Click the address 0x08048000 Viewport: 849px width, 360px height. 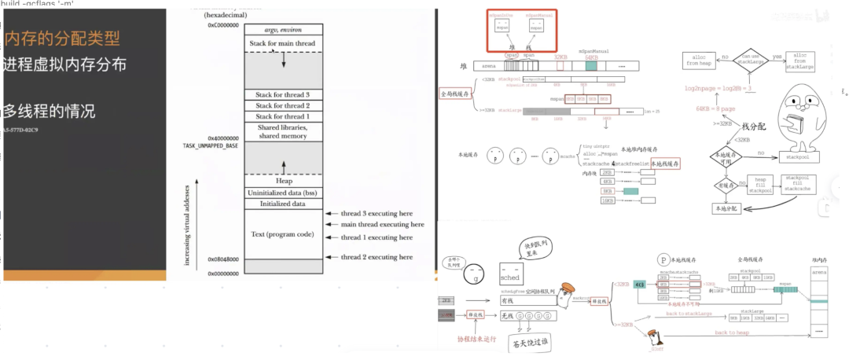coord(224,259)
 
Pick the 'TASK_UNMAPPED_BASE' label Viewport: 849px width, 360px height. coord(211,146)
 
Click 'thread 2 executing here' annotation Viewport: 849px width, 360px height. coord(376,257)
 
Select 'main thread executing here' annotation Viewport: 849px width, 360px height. coord(376,224)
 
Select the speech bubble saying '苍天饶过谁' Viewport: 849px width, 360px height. coord(521,343)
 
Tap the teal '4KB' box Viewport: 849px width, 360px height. coord(639,285)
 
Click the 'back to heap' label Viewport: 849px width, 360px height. coord(732,332)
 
